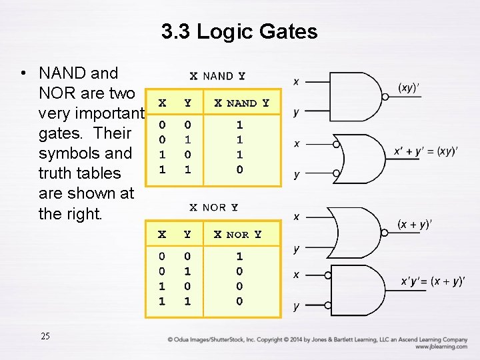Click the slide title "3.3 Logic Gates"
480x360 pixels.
coord(239,31)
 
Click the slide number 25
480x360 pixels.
coord(45,335)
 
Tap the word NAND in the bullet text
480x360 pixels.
coord(69,73)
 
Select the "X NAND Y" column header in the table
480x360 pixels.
coord(241,103)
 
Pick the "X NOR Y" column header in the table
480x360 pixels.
coord(237,234)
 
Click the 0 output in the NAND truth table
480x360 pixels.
coord(240,169)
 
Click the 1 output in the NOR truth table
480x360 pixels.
coord(240,256)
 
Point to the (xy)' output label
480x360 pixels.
coord(409,87)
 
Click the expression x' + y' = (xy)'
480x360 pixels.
coord(425,151)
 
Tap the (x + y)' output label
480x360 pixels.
coord(415,225)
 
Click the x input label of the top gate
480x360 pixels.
coord(296,81)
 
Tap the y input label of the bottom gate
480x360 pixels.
coord(296,307)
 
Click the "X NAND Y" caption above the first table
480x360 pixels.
coord(217,77)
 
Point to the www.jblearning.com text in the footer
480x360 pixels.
coord(441,347)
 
